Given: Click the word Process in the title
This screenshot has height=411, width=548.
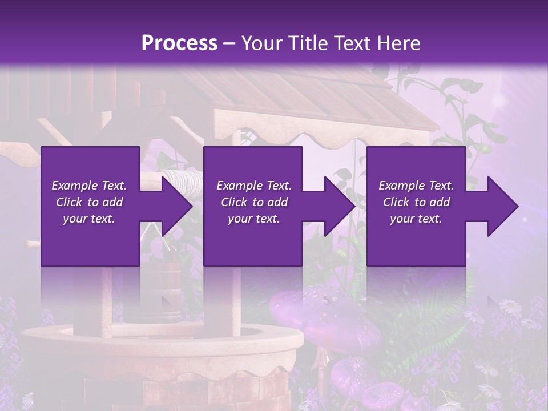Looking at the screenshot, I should [179, 43].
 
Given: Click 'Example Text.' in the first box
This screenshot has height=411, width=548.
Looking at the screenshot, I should [89, 186].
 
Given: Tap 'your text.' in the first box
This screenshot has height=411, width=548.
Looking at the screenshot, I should [89, 219].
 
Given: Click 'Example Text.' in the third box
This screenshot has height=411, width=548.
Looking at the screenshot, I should [416, 186].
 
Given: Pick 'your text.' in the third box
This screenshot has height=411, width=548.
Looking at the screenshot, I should [416, 219].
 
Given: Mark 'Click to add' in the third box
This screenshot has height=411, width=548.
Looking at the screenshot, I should [416, 202].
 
